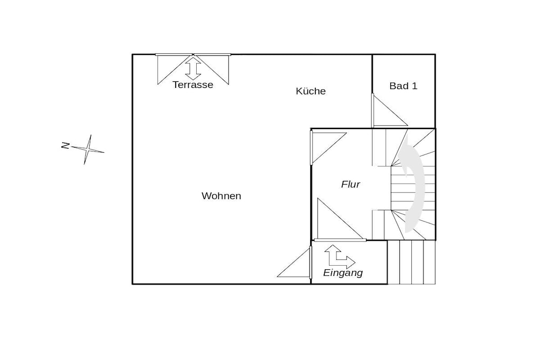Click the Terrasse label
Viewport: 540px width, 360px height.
pos(193,85)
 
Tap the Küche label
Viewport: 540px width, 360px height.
pos(311,91)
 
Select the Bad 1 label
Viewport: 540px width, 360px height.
pos(403,86)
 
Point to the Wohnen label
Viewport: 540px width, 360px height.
pos(221,196)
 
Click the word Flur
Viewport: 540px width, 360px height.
pos(351,184)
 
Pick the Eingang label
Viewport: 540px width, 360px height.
pos(343,273)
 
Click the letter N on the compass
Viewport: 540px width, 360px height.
pos(65,145)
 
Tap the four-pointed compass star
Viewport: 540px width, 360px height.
pos(88,149)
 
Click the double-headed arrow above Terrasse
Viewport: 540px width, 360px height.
pos(193,69)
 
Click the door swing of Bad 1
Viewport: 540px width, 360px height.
pos(389,110)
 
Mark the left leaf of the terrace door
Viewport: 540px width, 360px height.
pos(175,69)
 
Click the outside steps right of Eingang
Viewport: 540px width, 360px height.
pos(411,262)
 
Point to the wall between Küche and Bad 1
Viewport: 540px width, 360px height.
pos(372,74)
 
